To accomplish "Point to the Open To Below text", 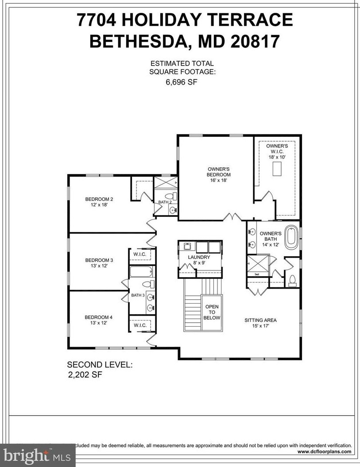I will click(x=211, y=312).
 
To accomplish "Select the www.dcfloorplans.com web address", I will click(x=325, y=452).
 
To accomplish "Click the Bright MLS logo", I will click(x=38, y=455).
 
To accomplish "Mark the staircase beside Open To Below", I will click(x=192, y=310).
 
